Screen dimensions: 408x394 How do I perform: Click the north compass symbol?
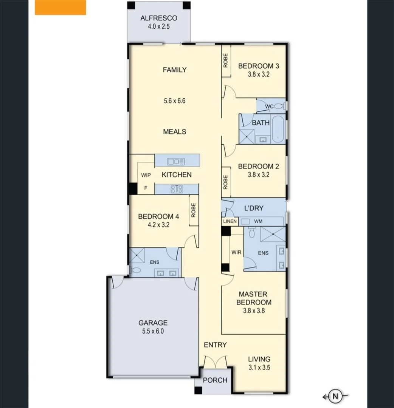(x=335, y=396)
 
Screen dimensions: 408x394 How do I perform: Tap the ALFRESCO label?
(x=158, y=18)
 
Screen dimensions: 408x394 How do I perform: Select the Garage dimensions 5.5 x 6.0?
(x=153, y=331)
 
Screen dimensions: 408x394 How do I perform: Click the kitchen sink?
(x=176, y=162)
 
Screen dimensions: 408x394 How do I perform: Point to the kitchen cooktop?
(x=177, y=189)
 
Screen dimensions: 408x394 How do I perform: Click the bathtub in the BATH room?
(x=279, y=129)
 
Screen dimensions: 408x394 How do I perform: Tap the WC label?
(x=269, y=107)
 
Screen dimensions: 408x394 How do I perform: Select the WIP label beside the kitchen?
(x=146, y=175)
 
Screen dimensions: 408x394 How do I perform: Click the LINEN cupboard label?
(x=230, y=221)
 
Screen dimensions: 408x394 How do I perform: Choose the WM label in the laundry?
(x=258, y=221)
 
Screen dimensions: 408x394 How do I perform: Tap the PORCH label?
(x=215, y=380)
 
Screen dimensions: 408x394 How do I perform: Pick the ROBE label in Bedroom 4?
(x=194, y=210)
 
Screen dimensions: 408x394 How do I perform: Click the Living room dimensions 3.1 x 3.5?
(x=259, y=367)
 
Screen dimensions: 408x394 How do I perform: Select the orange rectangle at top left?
(x=60, y=7)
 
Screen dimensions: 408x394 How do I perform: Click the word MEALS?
(x=174, y=132)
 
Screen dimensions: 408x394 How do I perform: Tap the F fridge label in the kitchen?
(x=146, y=188)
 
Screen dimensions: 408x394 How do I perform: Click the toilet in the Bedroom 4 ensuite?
(x=135, y=270)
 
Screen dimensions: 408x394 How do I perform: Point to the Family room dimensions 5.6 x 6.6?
(x=174, y=101)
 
